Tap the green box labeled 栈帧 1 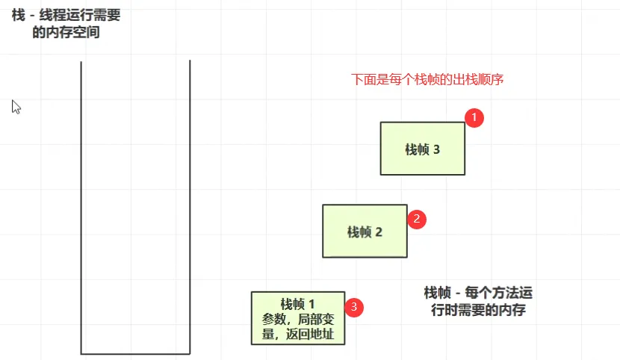coord(298,317)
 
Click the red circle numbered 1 coord(474,117)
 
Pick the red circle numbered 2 coord(417,219)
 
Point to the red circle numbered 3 coord(354,306)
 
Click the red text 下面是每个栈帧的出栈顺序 coord(427,79)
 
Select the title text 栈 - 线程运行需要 coord(66,13)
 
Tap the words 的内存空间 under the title coord(66,32)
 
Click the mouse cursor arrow coord(15,106)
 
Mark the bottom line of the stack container coord(135,353)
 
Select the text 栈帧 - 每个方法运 coord(478,293)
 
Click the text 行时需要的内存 coord(478,311)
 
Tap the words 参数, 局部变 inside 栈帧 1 coord(298,319)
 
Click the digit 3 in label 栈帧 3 coord(436,149)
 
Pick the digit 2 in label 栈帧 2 coord(378,232)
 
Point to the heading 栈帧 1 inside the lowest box coord(298,303)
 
